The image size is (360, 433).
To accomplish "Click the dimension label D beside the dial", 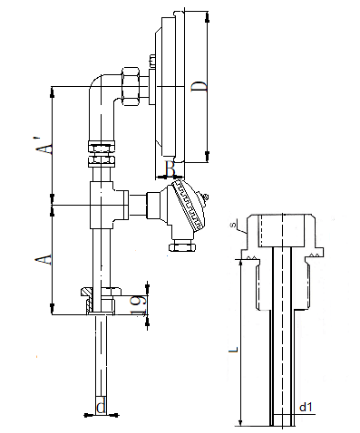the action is point(199,86).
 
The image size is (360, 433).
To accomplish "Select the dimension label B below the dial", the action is point(170,168).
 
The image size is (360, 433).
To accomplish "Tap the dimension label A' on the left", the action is point(44,146).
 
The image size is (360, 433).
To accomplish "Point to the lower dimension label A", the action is point(44,259).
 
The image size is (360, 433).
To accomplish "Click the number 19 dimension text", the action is point(139,305).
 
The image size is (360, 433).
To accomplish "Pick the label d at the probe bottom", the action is point(101,408).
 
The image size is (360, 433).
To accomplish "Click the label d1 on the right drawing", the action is point(306,408).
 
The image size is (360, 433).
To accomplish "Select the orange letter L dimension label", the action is point(233,350).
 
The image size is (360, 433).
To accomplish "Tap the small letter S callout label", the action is point(233,225).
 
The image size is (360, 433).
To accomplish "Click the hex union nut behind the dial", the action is point(131,86).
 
